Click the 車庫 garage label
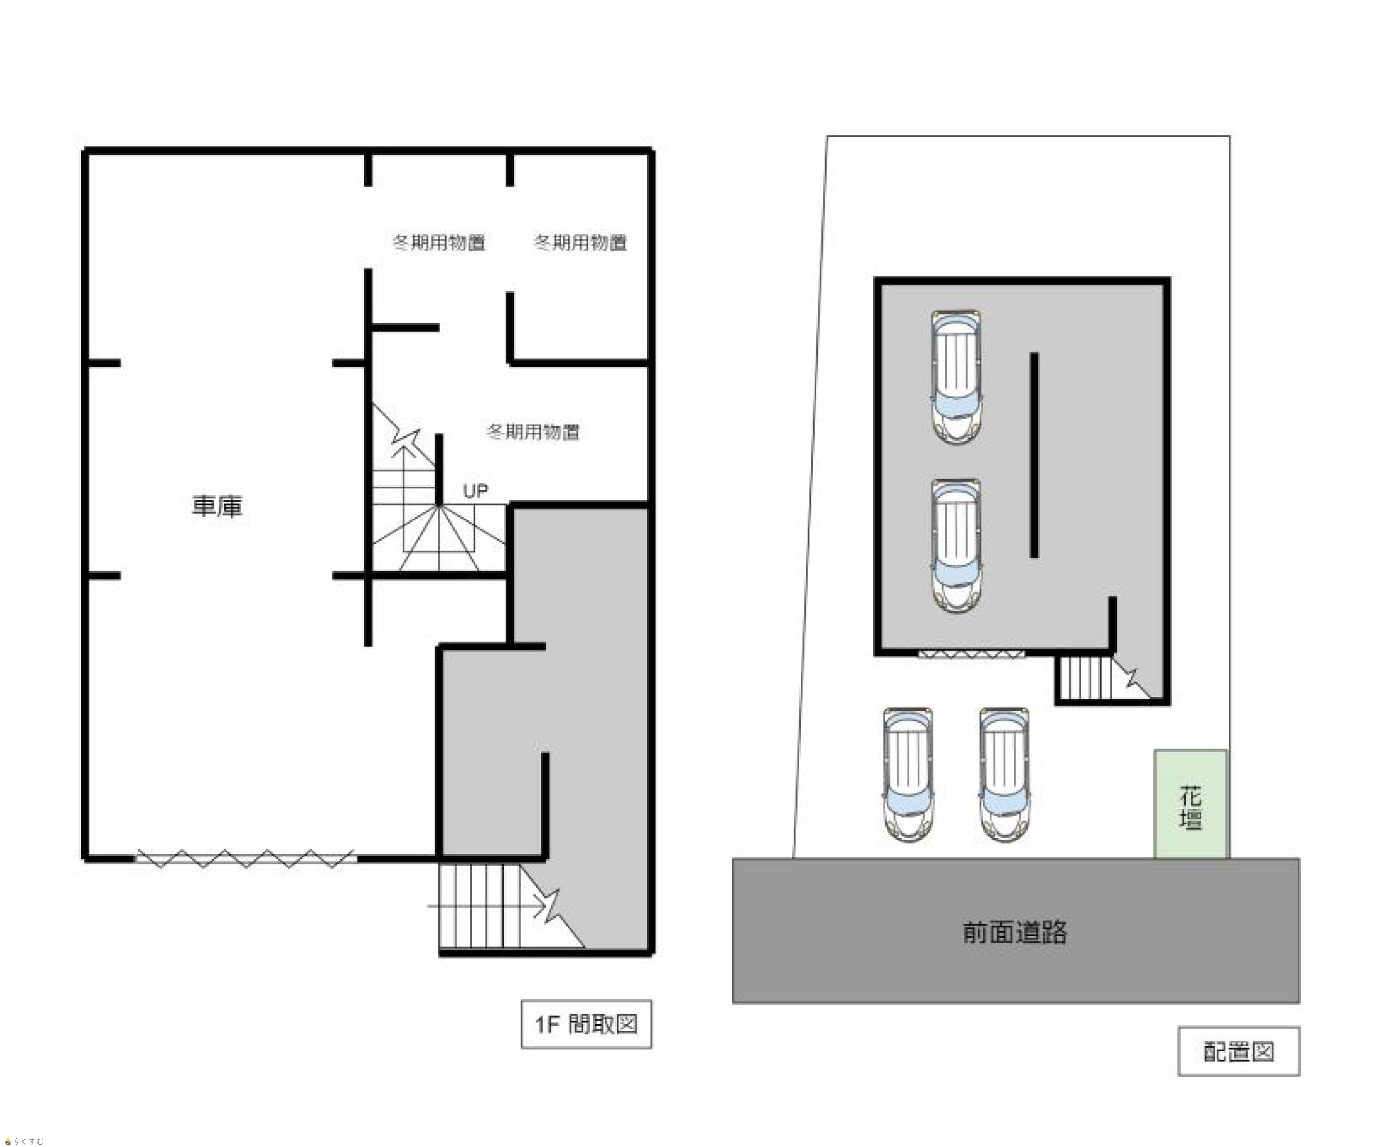coord(217,506)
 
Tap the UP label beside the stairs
coord(475,491)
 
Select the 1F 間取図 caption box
coord(586,1024)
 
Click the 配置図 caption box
coord(1238,1051)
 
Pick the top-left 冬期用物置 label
coord(438,242)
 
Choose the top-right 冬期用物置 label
coord(581,242)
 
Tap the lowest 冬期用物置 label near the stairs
coord(533,431)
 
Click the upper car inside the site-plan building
coord(956,378)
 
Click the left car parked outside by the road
coord(908,774)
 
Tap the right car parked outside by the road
coord(1004,774)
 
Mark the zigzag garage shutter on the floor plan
coord(246,858)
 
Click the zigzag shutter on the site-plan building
coord(971,654)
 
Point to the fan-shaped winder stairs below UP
coord(438,537)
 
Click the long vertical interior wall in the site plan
coord(1034,455)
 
